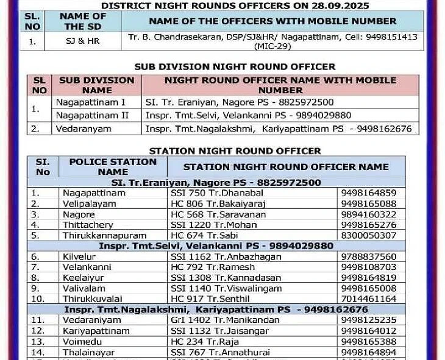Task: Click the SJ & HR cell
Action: point(83,41)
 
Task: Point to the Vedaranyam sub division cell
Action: point(80,129)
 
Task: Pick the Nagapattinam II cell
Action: point(91,115)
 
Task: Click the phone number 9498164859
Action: point(368,193)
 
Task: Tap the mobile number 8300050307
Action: point(368,235)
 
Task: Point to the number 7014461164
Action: point(368,299)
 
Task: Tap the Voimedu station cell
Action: point(83,341)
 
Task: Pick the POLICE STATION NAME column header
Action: point(113,166)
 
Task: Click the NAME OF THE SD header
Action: point(83,21)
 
